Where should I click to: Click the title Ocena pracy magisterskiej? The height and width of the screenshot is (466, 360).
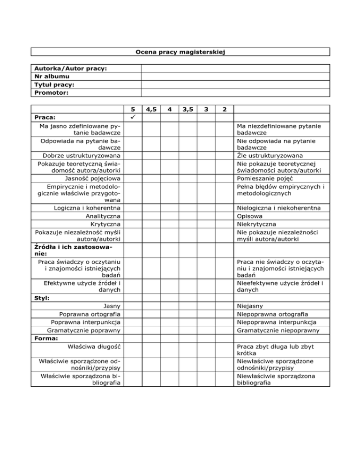pyautogui.click(x=180, y=52)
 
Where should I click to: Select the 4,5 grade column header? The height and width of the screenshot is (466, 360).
pyautogui.click(x=151, y=109)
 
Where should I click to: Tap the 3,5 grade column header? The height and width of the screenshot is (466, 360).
pyautogui.click(x=188, y=109)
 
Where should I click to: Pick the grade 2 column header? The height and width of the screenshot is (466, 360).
pyautogui.click(x=225, y=109)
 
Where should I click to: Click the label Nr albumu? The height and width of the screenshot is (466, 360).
pyautogui.click(x=52, y=76)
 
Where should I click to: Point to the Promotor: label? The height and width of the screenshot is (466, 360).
pyautogui.click(x=52, y=92)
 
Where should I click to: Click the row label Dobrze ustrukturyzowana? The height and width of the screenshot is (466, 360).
pyautogui.click(x=81, y=156)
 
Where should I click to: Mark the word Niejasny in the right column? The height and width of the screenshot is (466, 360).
pyautogui.click(x=250, y=306)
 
